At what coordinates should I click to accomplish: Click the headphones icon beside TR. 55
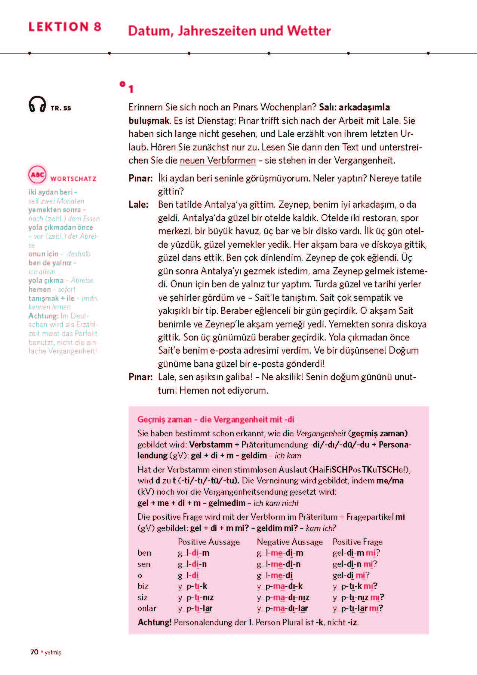[x=37, y=104]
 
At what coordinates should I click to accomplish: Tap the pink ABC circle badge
[x=37, y=174]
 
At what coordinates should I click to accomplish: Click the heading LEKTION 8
[x=65, y=27]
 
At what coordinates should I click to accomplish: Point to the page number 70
[x=34, y=652]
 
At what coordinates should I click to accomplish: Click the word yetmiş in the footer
[x=53, y=653]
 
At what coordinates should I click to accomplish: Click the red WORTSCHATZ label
[x=73, y=179]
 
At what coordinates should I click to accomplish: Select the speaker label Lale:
[x=138, y=205]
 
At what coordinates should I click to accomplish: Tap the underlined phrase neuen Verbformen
[x=218, y=161]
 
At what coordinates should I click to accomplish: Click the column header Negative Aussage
[x=290, y=542]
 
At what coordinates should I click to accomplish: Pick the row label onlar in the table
[x=147, y=608]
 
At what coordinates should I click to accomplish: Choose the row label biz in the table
[x=143, y=586]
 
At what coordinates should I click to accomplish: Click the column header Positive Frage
[x=357, y=542]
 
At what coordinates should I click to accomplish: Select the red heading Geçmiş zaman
[x=164, y=419]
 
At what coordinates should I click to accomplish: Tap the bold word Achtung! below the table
[x=154, y=622]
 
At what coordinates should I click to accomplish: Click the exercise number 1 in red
[x=131, y=89]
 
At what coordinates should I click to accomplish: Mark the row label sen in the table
[x=144, y=564]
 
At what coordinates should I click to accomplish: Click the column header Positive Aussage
[x=209, y=542]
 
